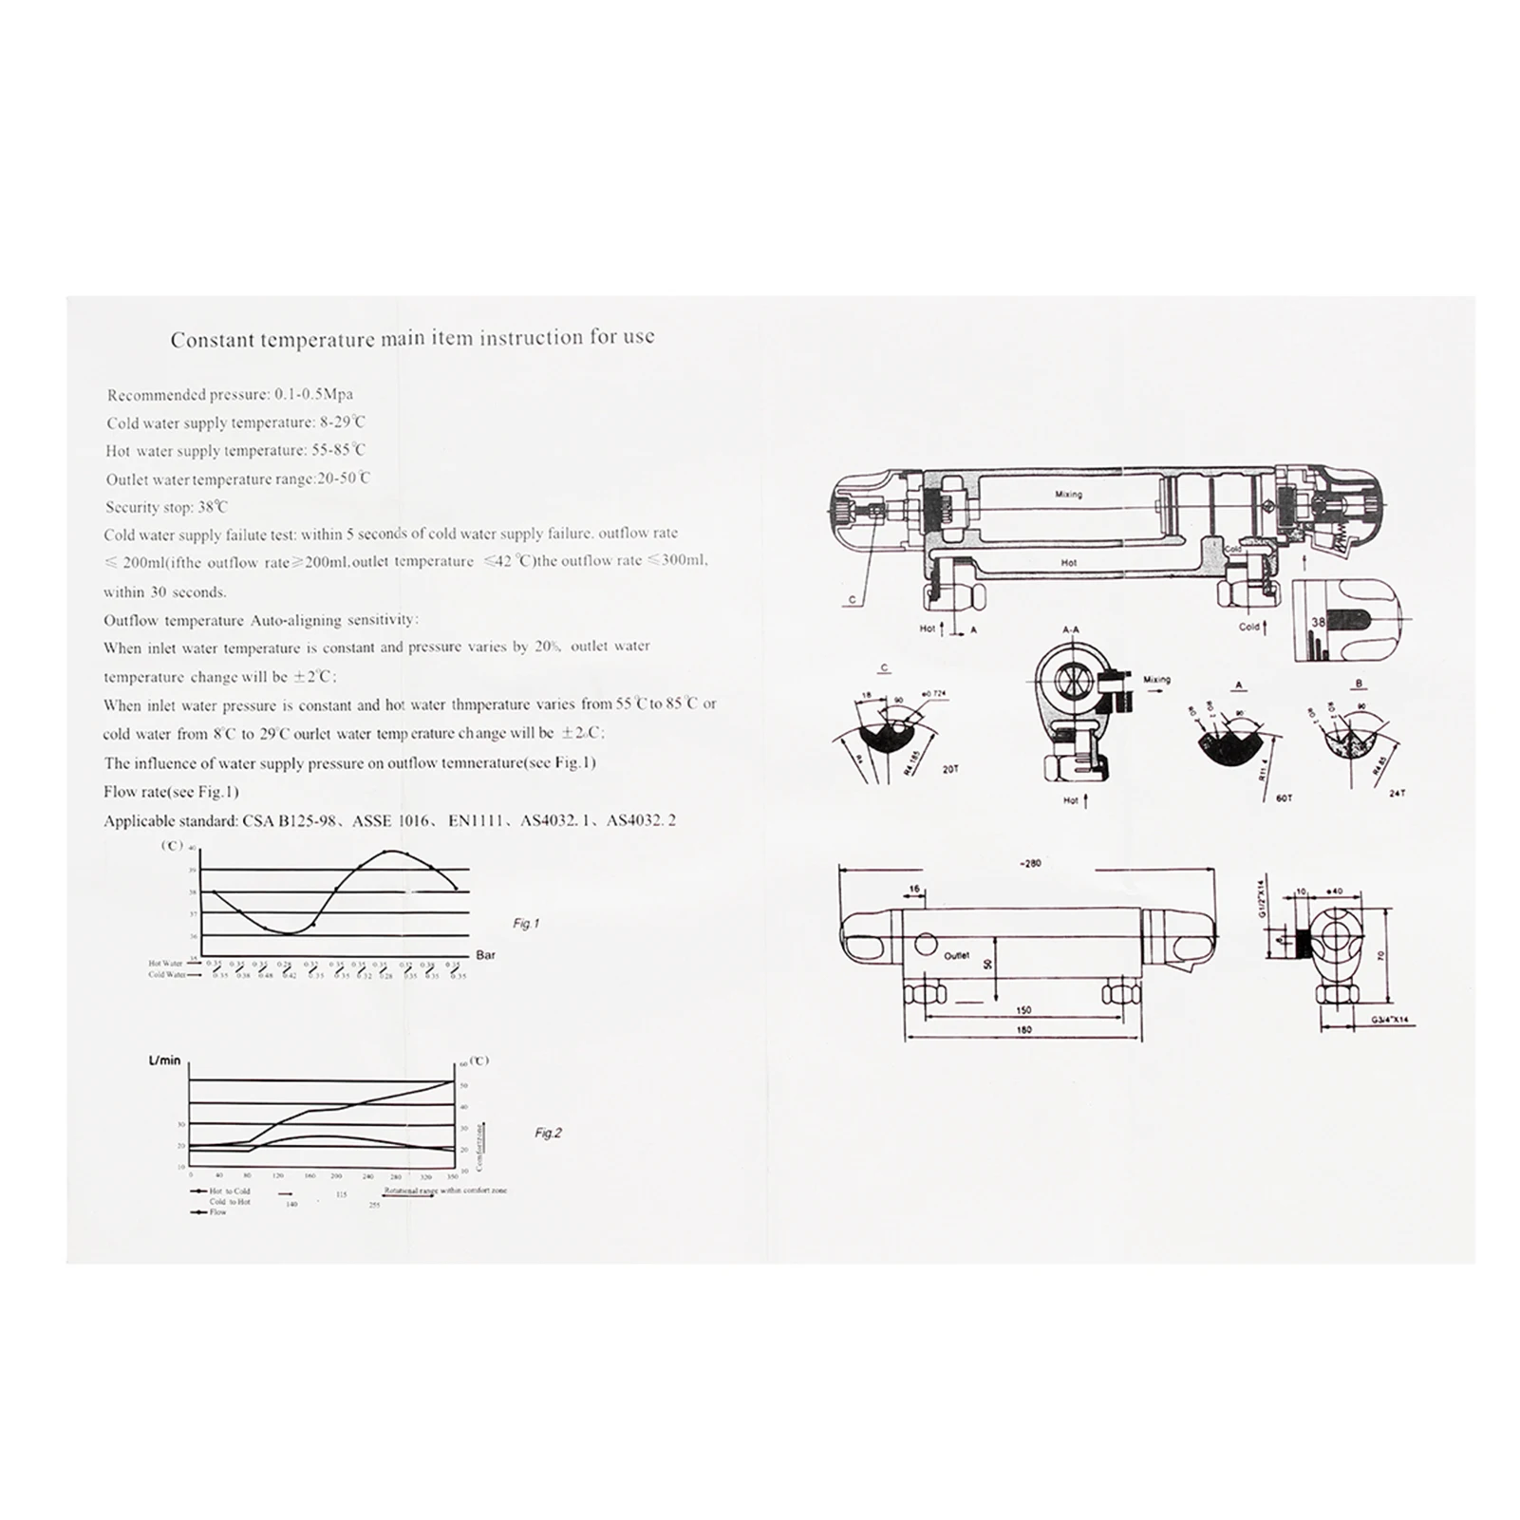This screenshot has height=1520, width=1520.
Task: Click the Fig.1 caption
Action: coord(525,923)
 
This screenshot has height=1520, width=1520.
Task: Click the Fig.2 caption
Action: coord(548,1133)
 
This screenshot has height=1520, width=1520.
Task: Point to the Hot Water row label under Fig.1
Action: coord(166,964)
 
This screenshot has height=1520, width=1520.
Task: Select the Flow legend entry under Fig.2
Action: coord(217,1212)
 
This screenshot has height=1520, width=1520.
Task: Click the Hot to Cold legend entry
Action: coord(229,1191)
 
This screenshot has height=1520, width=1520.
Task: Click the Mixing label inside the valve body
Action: coord(1068,495)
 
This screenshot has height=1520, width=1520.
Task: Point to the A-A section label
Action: coord(1071,629)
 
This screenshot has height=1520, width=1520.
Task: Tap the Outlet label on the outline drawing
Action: coord(956,956)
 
